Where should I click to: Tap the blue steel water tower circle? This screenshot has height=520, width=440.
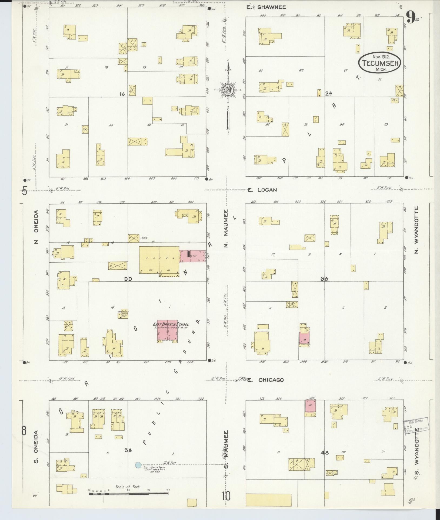[138, 465]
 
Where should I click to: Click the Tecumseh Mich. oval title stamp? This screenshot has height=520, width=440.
[379, 63]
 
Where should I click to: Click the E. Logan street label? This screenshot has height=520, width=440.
[262, 190]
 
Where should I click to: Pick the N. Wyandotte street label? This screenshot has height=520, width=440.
[416, 230]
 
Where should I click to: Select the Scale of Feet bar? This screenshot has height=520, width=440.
[129, 494]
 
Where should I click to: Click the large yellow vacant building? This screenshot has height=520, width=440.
[159, 260]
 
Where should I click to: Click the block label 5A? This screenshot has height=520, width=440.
[128, 450]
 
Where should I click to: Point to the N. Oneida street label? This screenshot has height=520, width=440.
[36, 227]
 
